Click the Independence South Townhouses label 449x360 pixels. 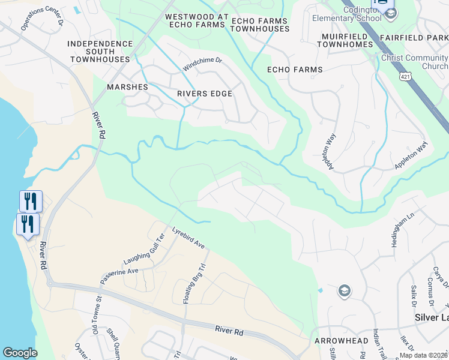pos(100,52)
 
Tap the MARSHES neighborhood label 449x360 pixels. pos(127,87)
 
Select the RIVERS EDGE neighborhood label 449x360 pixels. pos(204,94)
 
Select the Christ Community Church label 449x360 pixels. pos(414,62)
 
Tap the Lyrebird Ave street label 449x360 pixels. pos(188,238)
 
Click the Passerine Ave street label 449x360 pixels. pos(119,272)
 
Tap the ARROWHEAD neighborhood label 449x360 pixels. pos(341,340)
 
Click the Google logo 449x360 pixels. pos(20,353)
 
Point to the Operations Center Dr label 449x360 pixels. pos(41,16)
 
